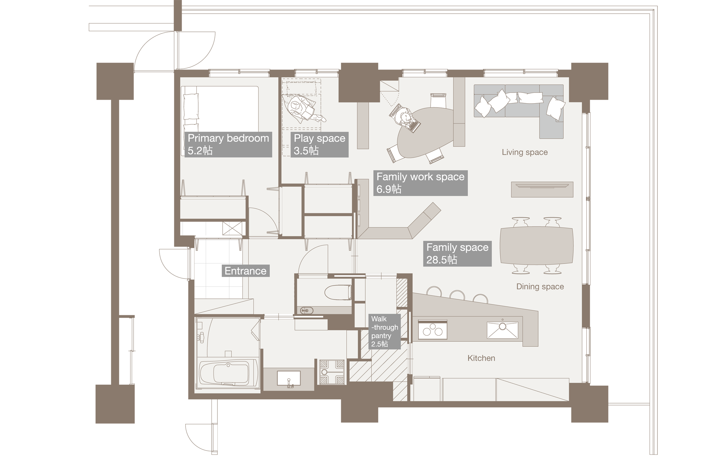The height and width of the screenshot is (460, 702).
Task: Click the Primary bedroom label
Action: click(228, 144)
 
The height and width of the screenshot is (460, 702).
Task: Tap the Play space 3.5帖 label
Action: click(319, 144)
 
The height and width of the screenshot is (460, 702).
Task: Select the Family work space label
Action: click(420, 183)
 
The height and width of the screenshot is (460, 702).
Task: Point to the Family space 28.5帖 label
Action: click(457, 253)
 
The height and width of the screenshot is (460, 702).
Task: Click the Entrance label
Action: click(245, 271)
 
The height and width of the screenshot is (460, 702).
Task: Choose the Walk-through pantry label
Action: click(384, 331)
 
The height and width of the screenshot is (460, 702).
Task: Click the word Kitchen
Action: click(481, 358)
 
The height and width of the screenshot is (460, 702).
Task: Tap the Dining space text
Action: click(540, 286)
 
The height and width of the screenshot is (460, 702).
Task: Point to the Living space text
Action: click(525, 152)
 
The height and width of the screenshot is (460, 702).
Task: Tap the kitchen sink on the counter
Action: click(502, 330)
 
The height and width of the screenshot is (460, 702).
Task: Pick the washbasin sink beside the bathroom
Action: click(289, 379)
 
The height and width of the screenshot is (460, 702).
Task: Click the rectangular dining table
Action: click(536, 245)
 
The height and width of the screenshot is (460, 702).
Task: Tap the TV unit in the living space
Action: click(542, 189)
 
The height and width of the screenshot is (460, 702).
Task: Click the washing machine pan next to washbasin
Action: click(331, 372)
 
